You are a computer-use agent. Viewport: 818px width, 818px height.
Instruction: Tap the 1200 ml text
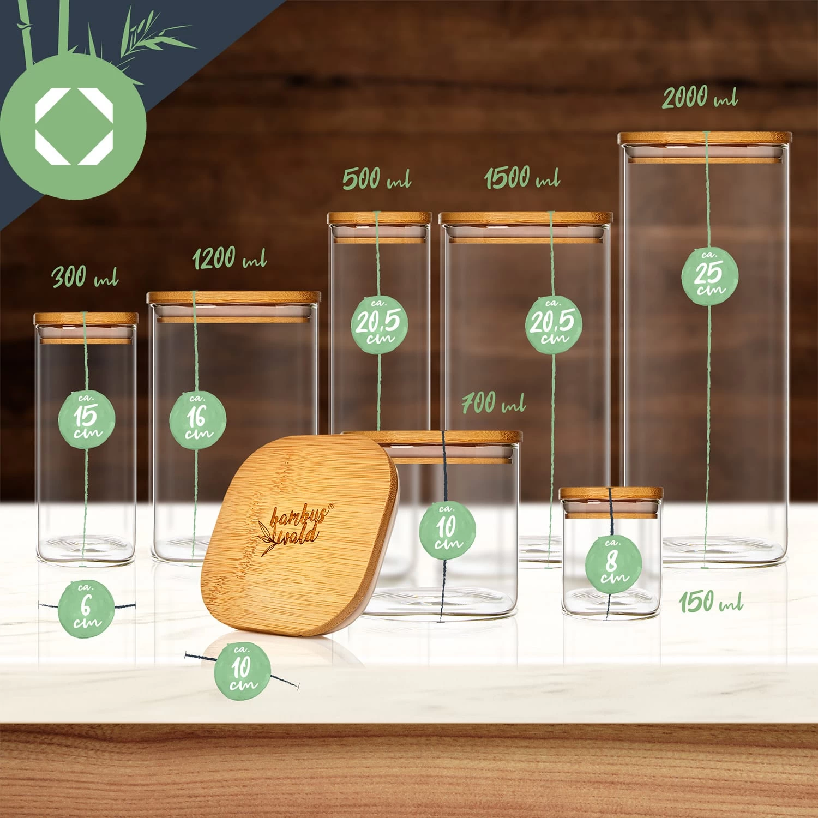pyautogui.click(x=230, y=258)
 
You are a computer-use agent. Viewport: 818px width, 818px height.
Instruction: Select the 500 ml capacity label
pyautogui.click(x=377, y=179)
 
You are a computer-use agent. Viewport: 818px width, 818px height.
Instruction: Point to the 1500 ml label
pyautogui.click(x=522, y=177)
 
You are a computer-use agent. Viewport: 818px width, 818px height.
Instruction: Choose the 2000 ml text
pyautogui.click(x=700, y=98)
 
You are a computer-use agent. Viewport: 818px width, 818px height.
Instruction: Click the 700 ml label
pyautogui.click(x=494, y=404)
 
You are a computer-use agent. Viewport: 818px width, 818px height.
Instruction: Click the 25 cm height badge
pyautogui.click(x=709, y=275)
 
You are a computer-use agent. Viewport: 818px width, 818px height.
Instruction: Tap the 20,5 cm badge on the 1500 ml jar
pyautogui.click(x=554, y=324)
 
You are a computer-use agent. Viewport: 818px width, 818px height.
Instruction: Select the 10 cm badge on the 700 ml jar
pyautogui.click(x=447, y=530)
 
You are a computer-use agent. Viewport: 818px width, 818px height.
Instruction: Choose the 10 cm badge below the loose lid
pyautogui.click(x=242, y=670)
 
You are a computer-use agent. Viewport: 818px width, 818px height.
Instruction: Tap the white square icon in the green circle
pyautogui.click(x=74, y=125)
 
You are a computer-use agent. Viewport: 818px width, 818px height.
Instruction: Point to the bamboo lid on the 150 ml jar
pyautogui.click(x=611, y=493)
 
